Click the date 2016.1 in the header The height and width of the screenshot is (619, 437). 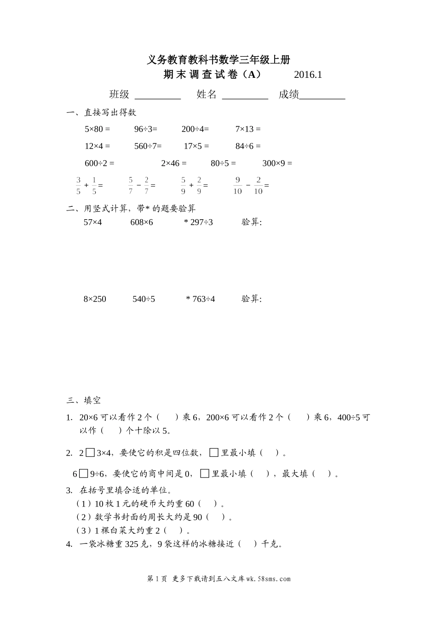308,75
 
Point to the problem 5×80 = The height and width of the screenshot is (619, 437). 98,129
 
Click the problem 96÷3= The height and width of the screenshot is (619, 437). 146,129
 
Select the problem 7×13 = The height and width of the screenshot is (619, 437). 248,129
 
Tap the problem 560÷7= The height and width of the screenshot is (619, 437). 148,146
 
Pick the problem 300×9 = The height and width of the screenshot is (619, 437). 277,163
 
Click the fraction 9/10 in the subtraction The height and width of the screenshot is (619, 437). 237,185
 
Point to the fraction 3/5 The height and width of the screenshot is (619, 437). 78,185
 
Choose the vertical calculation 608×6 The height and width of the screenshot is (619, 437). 142,222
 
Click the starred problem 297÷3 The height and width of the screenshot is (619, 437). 199,222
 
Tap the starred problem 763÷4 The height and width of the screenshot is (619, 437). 201,299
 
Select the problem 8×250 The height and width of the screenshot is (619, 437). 95,299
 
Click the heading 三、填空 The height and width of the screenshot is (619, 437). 84,400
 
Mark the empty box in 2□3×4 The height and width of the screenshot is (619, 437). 90,453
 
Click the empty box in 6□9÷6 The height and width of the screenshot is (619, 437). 83,473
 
